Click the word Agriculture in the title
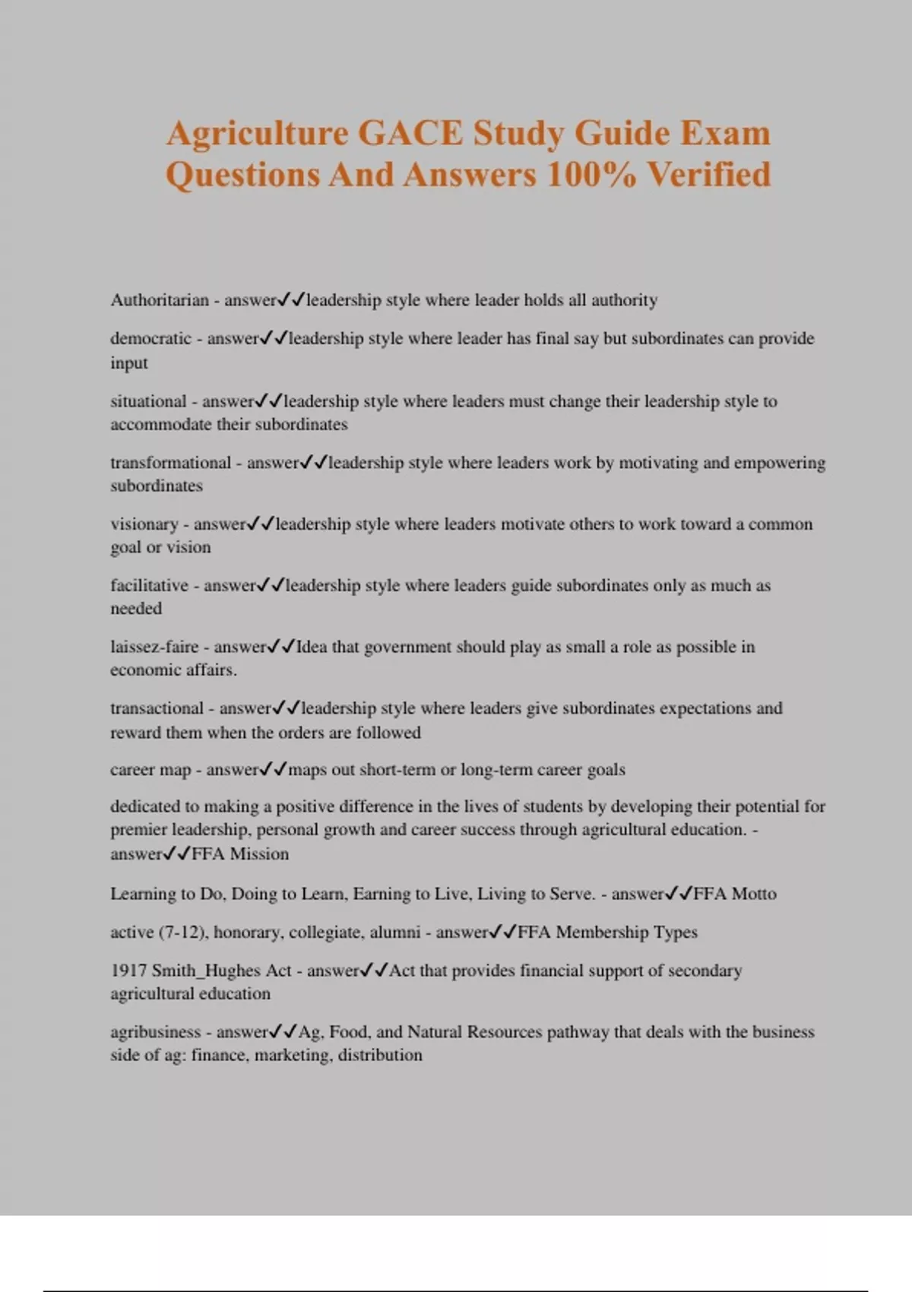256,134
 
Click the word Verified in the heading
708,175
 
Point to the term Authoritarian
160,300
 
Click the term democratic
150,338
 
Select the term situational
148,401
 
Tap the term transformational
170,463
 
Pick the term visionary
144,524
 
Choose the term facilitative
149,585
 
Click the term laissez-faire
154,647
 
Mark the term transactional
157,708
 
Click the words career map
150,770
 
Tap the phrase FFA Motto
735,894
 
